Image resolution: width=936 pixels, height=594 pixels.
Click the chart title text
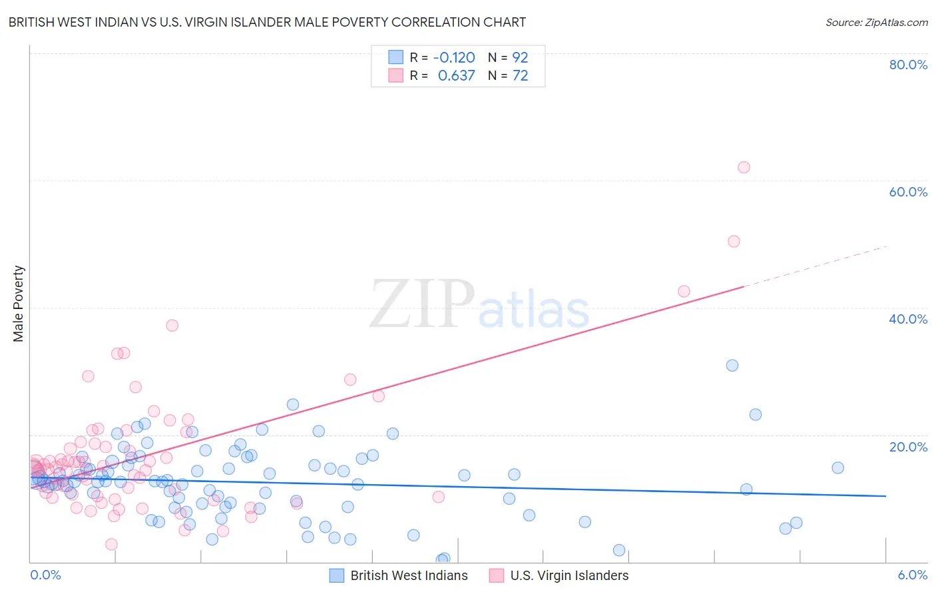[x=267, y=22]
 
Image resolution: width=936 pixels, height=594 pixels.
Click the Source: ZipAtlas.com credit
[x=876, y=22]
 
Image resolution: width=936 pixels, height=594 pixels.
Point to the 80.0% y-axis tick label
[x=908, y=65]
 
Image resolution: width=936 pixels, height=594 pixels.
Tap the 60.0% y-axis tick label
[x=908, y=192]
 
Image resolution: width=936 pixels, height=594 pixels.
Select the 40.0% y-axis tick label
[x=908, y=319]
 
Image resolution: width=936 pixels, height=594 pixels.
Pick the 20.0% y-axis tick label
[x=908, y=447]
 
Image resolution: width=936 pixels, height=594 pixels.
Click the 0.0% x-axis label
[x=45, y=575]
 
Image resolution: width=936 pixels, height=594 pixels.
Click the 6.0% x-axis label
[x=913, y=575]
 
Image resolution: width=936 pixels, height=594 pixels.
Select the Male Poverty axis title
[x=19, y=304]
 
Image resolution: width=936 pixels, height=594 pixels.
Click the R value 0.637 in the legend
[x=457, y=75]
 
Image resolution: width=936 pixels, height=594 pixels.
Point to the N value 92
[x=520, y=57]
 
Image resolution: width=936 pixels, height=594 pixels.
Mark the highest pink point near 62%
[x=744, y=167]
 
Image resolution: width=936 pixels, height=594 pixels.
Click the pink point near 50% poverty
[x=734, y=241]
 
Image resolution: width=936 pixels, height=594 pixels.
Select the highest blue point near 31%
[x=732, y=365]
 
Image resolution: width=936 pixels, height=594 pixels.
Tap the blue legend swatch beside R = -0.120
[x=396, y=57]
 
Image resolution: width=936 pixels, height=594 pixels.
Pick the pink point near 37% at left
[x=172, y=325]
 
